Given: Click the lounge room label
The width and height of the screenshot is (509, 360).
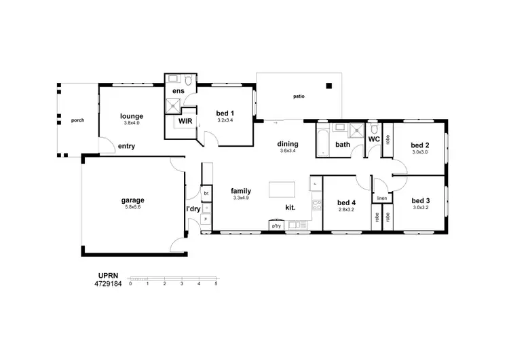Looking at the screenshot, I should (131, 115).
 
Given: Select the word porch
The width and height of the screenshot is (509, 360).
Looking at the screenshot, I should (78, 120).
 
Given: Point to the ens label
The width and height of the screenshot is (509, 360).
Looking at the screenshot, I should (178, 90).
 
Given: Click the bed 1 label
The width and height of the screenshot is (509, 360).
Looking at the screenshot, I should (225, 113).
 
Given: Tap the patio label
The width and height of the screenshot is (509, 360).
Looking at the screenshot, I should (299, 96).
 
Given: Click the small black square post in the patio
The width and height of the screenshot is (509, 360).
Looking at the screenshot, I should (329, 86).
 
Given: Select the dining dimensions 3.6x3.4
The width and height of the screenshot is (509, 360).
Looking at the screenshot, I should (288, 151).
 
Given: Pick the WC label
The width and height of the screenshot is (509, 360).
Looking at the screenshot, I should (373, 139).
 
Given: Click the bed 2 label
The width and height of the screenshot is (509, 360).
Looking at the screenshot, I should (420, 145).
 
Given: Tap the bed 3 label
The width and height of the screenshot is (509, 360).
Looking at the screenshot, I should (420, 201).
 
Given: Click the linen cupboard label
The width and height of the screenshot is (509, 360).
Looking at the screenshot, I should (382, 198).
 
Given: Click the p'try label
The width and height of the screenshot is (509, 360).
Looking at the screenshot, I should (276, 226).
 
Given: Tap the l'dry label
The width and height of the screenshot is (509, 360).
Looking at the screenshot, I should (193, 209).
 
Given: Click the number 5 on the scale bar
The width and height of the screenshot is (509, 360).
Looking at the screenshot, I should (216, 283).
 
